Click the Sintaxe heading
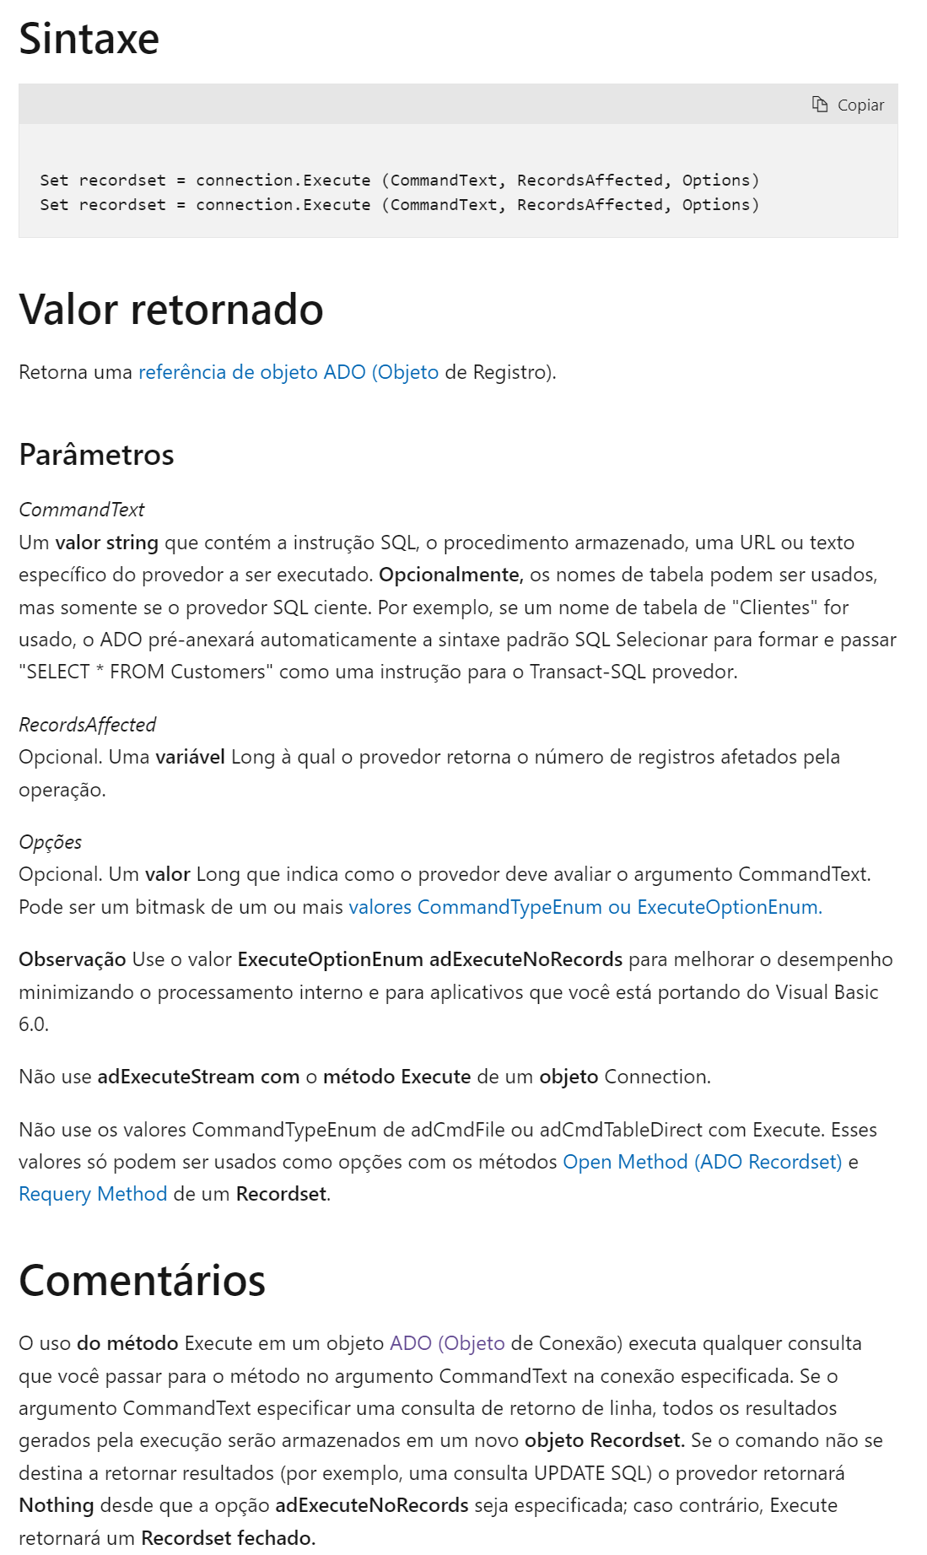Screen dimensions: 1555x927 point(89,39)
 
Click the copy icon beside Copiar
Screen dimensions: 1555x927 point(819,104)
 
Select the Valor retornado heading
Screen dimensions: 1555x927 point(170,309)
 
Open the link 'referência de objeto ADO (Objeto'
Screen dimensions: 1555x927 point(288,372)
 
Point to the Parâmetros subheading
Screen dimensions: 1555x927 point(96,455)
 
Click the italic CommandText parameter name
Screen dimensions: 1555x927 point(81,510)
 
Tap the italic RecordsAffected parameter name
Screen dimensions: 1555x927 point(87,725)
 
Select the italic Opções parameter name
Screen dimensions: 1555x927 point(50,842)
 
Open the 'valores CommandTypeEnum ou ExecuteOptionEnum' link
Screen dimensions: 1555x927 point(585,907)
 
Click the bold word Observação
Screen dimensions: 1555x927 point(72,959)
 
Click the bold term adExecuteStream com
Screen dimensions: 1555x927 point(198,1077)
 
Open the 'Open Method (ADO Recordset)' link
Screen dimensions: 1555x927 point(702,1162)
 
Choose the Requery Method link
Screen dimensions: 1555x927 point(93,1194)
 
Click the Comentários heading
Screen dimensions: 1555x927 point(142,1280)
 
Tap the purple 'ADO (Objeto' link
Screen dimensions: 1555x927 point(447,1343)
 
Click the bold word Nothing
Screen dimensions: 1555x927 point(56,1505)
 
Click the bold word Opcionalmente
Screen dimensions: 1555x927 point(451,575)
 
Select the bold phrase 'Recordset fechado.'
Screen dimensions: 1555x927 point(228,1537)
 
